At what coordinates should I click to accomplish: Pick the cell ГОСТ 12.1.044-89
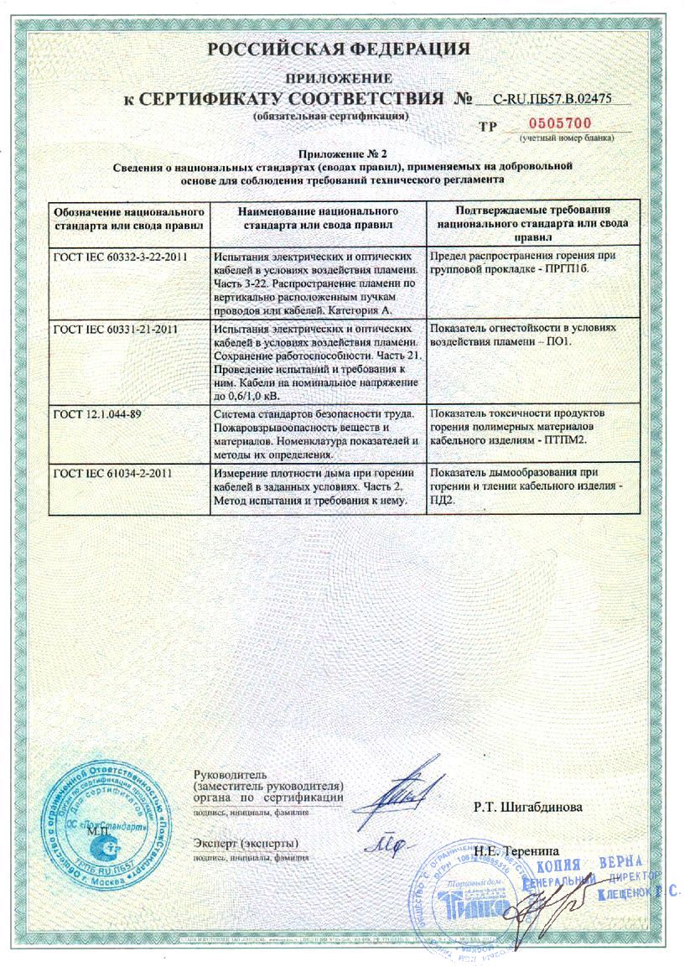pyautogui.click(x=98, y=413)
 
